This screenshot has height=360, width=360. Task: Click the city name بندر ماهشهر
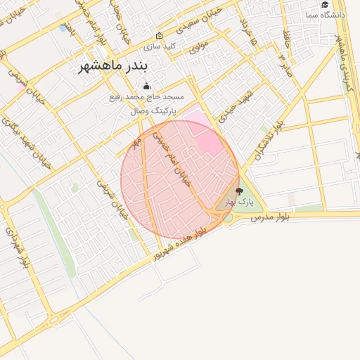[x=112, y=70]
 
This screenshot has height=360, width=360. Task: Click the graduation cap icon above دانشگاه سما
[x=324, y=4]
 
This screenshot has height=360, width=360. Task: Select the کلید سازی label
[x=160, y=46]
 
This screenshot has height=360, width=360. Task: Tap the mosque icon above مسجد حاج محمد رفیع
[x=146, y=86]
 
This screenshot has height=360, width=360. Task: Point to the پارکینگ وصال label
[x=153, y=111]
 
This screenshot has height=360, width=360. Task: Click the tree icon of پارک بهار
[x=239, y=191]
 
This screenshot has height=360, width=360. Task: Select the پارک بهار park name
[x=239, y=202]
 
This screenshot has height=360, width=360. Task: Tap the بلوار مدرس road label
[x=271, y=219]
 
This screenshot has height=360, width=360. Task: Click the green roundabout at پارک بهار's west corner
[x=228, y=218]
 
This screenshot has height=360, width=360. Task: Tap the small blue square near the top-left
[x=64, y=29]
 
